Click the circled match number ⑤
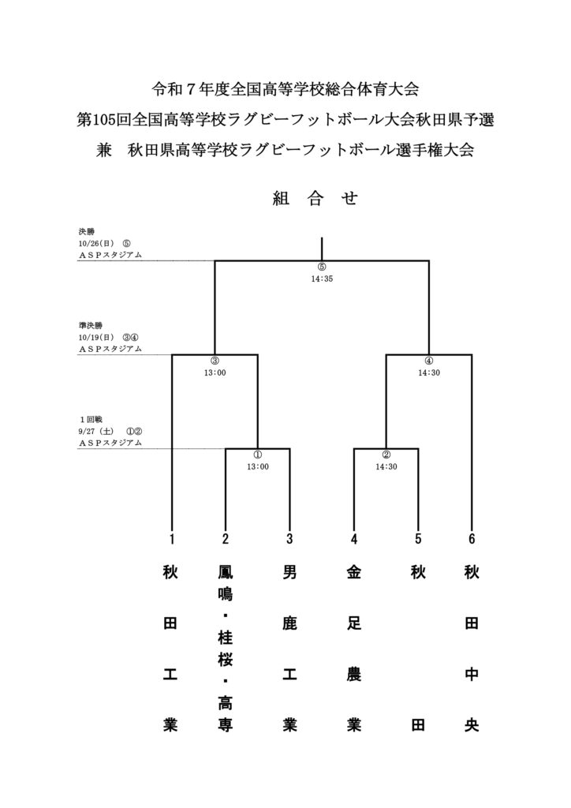pyautogui.click(x=322, y=267)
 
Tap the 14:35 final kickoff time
pyautogui.click(x=322, y=278)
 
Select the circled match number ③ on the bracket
pyautogui.click(x=215, y=361)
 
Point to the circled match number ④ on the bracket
pyautogui.click(x=429, y=361)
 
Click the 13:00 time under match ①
pyautogui.click(x=258, y=466)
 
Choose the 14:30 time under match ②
pyautogui.click(x=386, y=466)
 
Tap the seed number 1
pyautogui.click(x=171, y=540)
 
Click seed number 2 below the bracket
pyautogui.click(x=226, y=540)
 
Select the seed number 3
pyautogui.click(x=289, y=540)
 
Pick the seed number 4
pyautogui.click(x=354, y=540)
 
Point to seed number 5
pyautogui.click(x=418, y=540)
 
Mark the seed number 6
pyautogui.click(x=472, y=540)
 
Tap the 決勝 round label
pyautogui.click(x=86, y=232)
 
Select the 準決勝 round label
pyautogui.click(x=91, y=325)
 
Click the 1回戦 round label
pyautogui.click(x=91, y=419)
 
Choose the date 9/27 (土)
pyautogui.click(x=97, y=431)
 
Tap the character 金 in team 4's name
pyautogui.click(x=354, y=574)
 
